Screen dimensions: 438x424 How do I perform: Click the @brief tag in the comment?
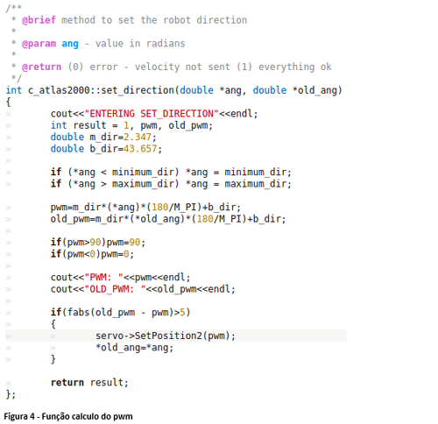(39, 20)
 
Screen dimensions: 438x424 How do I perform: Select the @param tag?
(39, 44)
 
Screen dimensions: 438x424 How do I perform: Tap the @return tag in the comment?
(42, 67)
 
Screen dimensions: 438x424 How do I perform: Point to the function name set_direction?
(138, 90)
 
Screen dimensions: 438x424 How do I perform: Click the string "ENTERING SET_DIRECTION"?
(152, 114)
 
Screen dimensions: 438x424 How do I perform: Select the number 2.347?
(138, 137)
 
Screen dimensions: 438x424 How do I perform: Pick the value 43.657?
(140, 149)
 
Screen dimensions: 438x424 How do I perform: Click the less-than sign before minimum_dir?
(103, 173)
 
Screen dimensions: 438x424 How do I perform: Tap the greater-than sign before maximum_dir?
(103, 184)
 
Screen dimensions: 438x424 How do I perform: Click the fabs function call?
(78, 312)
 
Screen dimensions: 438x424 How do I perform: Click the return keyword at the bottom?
(67, 383)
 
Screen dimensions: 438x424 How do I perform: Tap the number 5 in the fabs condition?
(182, 312)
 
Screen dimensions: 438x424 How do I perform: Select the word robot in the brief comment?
(177, 20)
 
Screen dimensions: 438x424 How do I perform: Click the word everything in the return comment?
(286, 67)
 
